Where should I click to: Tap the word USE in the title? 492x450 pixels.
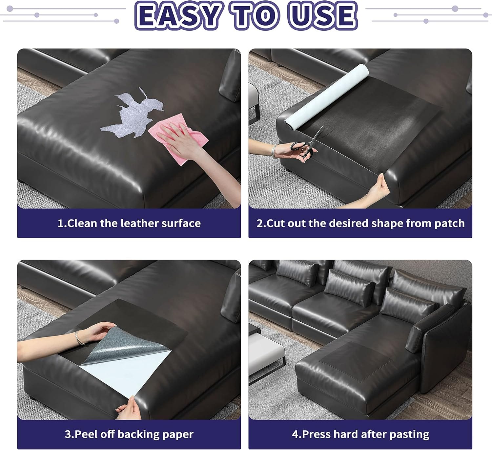coord(323,15)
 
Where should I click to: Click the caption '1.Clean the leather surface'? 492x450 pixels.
coord(129,223)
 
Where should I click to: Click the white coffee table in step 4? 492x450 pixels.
coord(266,353)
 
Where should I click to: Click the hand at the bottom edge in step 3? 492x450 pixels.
coord(130,409)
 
